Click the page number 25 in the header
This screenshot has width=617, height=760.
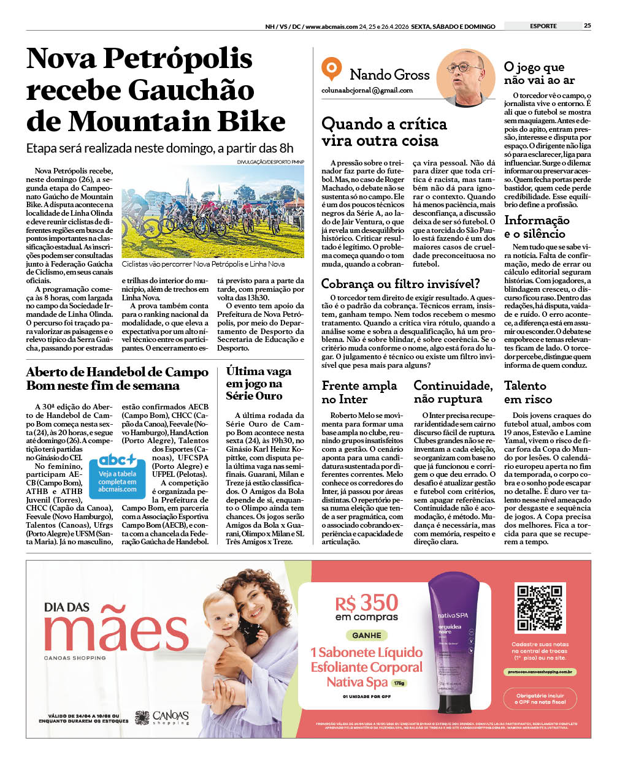[x=587, y=26]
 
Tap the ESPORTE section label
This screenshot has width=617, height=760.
[x=543, y=26]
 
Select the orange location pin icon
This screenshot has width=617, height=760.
[x=331, y=69]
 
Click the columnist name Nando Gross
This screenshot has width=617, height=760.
[x=389, y=75]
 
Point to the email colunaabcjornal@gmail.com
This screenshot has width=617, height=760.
[x=367, y=90]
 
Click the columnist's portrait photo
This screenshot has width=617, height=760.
[x=466, y=78]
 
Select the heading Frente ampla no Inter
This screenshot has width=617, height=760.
[x=359, y=392]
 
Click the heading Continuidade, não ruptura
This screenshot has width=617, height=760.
[x=453, y=392]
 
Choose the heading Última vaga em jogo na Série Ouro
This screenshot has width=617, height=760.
[x=259, y=383]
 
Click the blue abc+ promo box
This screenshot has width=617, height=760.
[x=118, y=474]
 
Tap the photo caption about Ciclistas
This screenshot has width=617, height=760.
[x=203, y=264]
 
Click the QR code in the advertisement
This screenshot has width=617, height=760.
[x=540, y=608]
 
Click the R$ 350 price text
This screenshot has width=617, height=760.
[x=367, y=603]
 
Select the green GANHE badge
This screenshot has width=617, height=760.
[x=367, y=635]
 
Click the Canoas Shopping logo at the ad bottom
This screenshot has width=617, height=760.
[x=163, y=717]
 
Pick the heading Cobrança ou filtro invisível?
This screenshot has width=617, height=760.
[x=400, y=284]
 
